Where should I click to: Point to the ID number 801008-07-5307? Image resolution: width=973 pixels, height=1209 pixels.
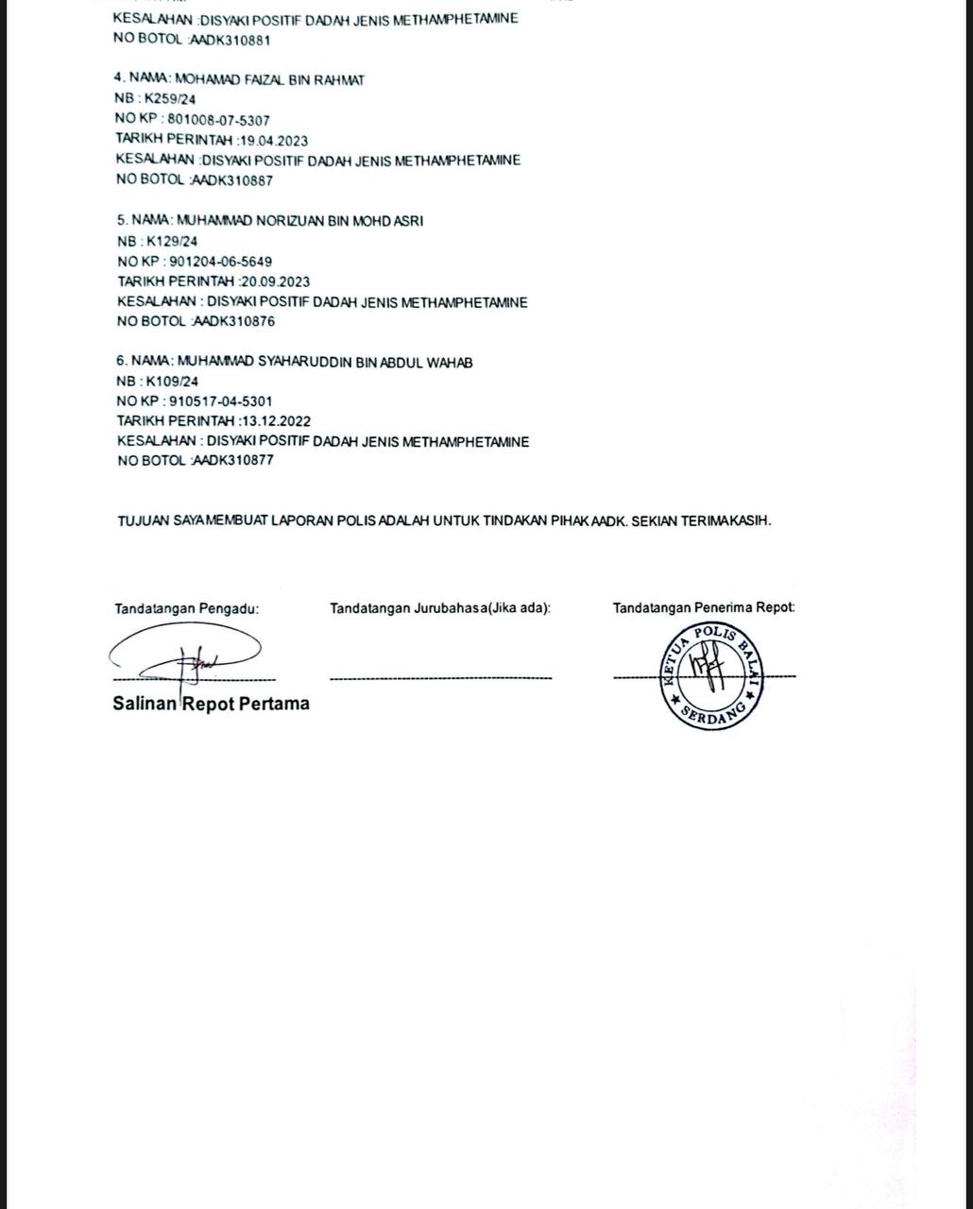tap(218, 120)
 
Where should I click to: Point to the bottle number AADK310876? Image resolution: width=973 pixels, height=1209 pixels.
tap(233, 321)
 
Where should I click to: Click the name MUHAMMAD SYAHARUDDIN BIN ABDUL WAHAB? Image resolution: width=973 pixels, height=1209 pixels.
tap(325, 362)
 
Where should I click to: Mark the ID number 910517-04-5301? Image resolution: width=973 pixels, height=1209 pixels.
tap(221, 401)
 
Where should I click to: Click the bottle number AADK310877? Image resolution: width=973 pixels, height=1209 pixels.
tap(233, 461)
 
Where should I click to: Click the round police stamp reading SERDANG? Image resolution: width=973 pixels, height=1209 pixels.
tap(712, 675)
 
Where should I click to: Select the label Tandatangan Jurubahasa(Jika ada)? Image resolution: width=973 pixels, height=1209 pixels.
tap(440, 608)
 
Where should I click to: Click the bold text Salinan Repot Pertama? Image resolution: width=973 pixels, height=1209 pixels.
tap(211, 704)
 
